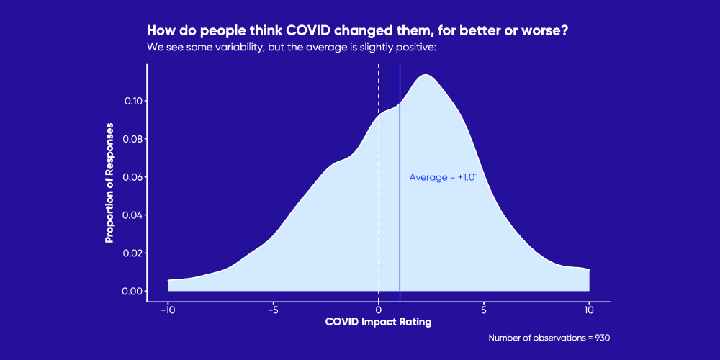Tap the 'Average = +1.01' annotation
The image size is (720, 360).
tap(444, 177)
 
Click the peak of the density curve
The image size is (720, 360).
tap(426, 75)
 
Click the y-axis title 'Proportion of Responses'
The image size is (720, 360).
tap(109, 182)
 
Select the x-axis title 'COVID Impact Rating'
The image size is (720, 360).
tap(379, 322)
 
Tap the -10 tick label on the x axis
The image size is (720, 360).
tap(166, 310)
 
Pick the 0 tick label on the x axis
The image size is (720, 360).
tap(379, 310)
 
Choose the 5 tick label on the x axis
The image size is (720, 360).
tap(484, 310)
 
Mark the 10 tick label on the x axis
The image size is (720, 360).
tap(589, 310)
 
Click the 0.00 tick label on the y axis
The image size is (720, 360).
tap(132, 292)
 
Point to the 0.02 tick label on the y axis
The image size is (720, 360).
tap(132, 253)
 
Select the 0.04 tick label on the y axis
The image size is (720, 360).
tap(132, 215)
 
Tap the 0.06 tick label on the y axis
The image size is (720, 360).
tap(132, 177)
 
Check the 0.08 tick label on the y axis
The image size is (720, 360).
tap(132, 139)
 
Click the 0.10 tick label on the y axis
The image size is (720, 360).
tap(132, 101)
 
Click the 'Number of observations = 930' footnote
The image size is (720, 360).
tap(549, 338)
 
